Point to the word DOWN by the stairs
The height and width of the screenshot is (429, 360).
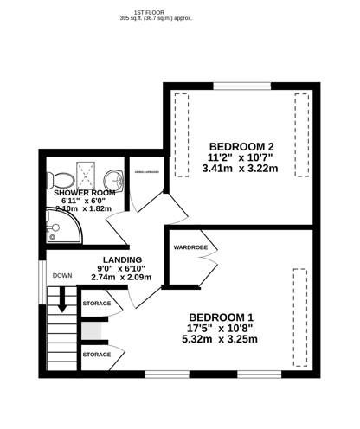point(62,276)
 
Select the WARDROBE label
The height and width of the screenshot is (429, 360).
point(189,247)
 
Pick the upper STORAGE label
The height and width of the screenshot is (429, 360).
point(97,304)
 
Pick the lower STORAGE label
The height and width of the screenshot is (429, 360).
point(97,355)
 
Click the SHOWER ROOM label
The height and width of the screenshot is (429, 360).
point(84,192)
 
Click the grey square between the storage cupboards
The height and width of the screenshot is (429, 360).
point(92,330)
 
